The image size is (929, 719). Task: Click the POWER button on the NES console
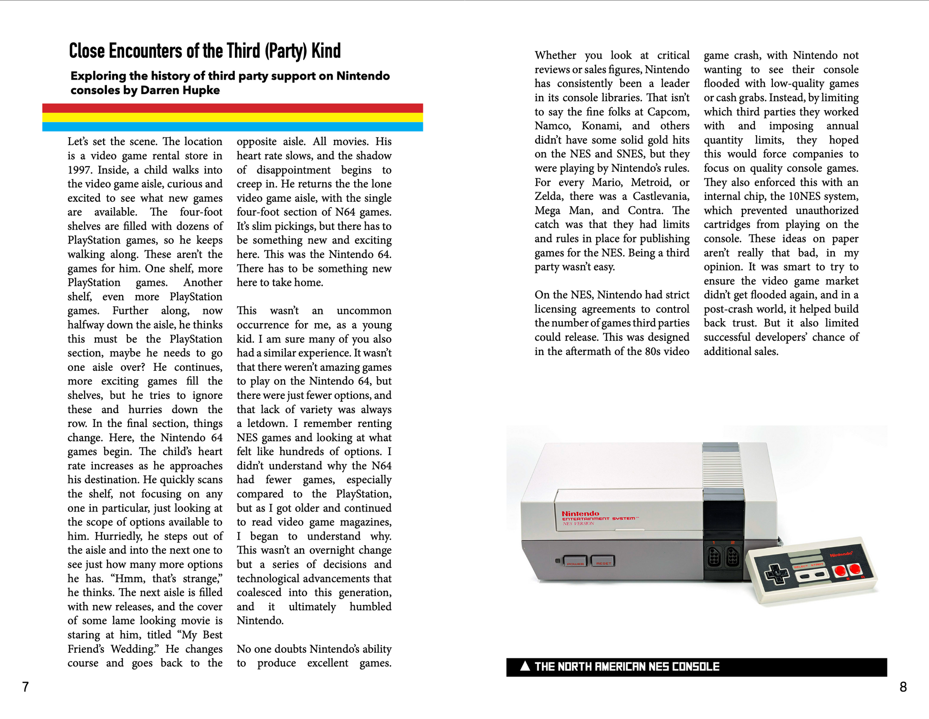point(575,561)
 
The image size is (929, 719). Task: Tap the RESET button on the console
point(603,561)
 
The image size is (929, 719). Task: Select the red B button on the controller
point(840,571)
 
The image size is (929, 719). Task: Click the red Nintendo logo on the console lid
point(580,513)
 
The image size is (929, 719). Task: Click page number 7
point(26,687)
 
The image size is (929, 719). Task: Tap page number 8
point(903,687)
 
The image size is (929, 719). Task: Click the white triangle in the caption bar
point(525,666)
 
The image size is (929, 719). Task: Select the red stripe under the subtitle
point(232,108)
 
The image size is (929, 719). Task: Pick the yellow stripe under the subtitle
point(232,117)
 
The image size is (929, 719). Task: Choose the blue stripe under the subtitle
point(232,126)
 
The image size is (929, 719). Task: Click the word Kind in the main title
point(326,51)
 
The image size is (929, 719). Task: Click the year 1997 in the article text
point(80,170)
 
